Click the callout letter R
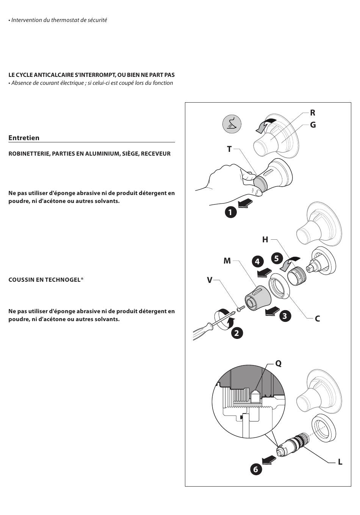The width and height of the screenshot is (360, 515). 313,113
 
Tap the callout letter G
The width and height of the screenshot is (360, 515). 313,125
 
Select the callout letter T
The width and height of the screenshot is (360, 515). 229,149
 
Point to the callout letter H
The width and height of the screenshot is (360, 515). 265,240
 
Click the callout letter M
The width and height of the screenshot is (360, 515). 227,261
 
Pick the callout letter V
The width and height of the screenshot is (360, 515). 210,280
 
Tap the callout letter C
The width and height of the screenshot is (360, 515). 318,319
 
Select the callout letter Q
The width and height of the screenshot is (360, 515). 279,364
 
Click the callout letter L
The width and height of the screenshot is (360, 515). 340,462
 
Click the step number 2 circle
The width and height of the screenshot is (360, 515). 237,333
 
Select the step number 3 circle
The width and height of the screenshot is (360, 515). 285,316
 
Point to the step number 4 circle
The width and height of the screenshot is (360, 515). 257,261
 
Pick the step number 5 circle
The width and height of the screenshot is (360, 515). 277,259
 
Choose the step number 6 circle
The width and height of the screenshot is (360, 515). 256,470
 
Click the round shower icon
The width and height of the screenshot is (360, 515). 232,124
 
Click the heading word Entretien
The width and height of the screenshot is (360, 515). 24,138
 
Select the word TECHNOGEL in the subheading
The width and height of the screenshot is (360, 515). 61,279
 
